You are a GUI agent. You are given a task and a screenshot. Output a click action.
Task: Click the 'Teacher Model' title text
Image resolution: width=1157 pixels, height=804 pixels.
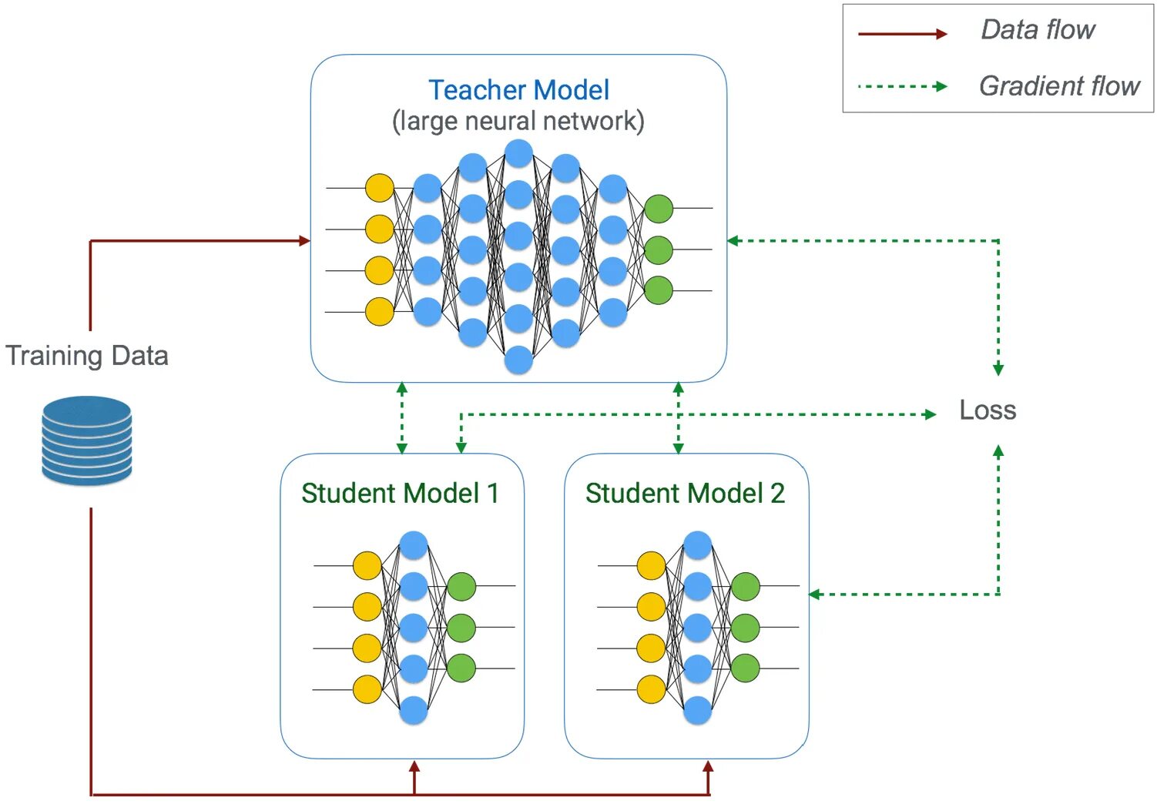click(518, 90)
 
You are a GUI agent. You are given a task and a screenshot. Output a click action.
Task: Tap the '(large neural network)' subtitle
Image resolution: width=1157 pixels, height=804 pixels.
click(518, 122)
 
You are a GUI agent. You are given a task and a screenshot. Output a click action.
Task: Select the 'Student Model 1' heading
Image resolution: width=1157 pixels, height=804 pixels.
click(401, 493)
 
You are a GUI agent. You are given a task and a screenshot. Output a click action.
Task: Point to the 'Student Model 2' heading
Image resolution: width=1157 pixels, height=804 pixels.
click(685, 493)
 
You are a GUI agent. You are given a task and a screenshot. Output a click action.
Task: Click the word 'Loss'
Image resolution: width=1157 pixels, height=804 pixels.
click(988, 410)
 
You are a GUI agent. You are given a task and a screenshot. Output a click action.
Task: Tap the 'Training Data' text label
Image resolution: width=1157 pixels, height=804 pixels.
click(87, 356)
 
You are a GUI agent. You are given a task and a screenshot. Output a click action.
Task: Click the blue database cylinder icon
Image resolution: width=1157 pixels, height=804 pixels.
click(87, 441)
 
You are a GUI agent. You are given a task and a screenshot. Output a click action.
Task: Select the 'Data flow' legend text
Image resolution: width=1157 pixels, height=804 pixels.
click(1037, 29)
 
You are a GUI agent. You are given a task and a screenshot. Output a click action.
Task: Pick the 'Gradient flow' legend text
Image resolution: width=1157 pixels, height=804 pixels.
click(1059, 85)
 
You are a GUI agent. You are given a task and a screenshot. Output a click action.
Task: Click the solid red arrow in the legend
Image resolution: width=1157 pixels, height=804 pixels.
click(902, 34)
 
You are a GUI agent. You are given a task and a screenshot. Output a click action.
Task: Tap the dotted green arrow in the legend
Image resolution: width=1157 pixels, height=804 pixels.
click(902, 86)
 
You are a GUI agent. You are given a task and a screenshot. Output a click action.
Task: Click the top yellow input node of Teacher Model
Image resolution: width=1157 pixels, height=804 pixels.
click(380, 188)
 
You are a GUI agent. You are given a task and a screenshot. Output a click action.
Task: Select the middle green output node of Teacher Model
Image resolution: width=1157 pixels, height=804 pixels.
click(659, 250)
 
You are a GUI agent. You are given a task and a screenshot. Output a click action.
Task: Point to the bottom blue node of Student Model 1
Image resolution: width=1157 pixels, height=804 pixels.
click(414, 710)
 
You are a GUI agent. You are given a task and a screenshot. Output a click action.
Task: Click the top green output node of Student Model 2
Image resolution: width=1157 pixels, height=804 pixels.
click(746, 586)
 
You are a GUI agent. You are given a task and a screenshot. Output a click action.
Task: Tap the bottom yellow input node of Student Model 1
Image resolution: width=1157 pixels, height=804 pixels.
click(367, 688)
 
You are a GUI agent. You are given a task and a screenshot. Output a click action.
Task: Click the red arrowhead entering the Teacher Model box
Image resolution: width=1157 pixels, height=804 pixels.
click(305, 240)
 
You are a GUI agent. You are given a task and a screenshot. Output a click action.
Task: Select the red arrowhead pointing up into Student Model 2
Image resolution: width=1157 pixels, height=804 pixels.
click(708, 767)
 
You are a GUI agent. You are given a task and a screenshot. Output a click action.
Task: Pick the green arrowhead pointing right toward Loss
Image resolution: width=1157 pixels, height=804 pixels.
click(931, 414)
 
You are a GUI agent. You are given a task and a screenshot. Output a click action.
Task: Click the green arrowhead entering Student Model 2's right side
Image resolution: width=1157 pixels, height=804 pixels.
click(815, 595)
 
